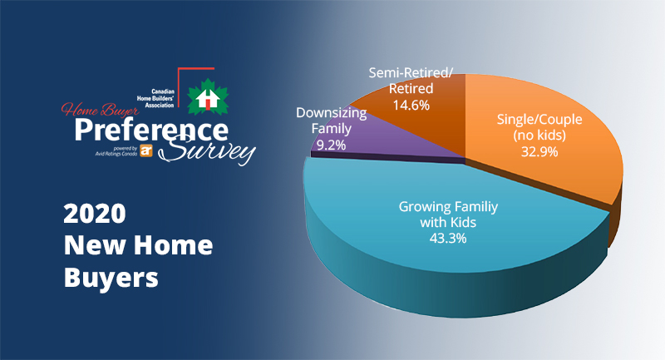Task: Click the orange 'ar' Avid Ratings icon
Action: tap(147, 150)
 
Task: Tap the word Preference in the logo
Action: tap(150, 131)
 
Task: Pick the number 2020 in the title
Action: tap(95, 215)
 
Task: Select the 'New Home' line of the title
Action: tap(138, 247)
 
